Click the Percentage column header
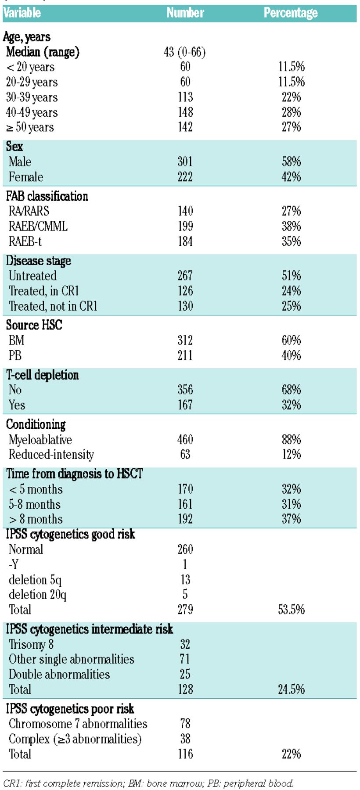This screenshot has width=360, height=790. (291, 13)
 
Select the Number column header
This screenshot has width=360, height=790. (185, 13)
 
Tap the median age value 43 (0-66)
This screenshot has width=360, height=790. (184, 52)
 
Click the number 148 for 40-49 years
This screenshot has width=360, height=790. (185, 112)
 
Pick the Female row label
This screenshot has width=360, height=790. (26, 177)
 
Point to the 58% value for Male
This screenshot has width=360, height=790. (291, 162)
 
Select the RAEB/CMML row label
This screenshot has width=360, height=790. (38, 226)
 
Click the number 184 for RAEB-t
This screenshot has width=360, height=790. (185, 241)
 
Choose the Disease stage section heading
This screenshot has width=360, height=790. (39, 261)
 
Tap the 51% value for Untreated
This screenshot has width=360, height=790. (291, 276)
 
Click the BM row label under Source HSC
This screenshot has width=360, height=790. (16, 340)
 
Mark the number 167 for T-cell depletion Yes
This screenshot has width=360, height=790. (185, 405)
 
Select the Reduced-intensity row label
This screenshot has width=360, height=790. (51, 455)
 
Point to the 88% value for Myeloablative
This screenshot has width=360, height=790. (291, 439)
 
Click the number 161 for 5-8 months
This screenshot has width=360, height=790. (185, 504)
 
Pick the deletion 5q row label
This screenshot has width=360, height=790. (35, 580)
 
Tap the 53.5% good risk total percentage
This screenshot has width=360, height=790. (291, 610)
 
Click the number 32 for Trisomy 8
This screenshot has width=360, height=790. (185, 644)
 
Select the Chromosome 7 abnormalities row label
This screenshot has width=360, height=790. (78, 724)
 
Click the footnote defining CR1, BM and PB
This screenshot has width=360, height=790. (148, 783)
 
